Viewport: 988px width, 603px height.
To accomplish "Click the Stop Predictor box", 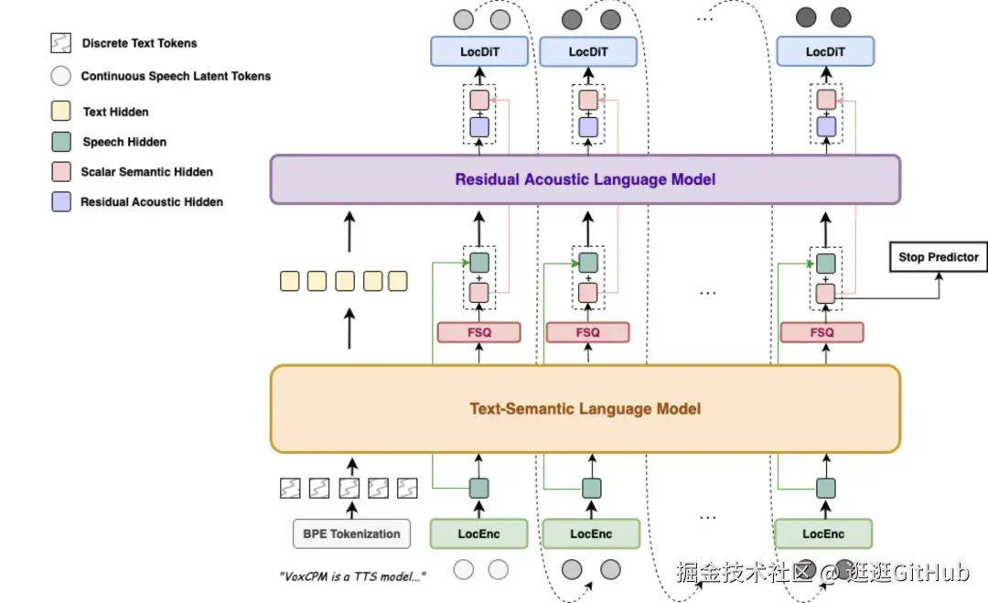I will click(x=939, y=257).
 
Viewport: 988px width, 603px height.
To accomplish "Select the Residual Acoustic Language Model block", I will click(x=585, y=179).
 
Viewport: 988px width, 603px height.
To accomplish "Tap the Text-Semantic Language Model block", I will click(x=585, y=409).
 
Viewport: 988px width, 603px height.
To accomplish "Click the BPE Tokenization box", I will click(x=351, y=533).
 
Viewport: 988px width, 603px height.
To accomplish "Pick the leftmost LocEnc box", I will click(x=478, y=533).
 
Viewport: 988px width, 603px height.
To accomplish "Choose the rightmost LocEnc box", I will click(x=823, y=533).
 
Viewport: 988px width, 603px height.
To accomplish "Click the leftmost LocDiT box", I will click(x=478, y=52).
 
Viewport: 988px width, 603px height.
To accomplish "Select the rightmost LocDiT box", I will click(x=824, y=52).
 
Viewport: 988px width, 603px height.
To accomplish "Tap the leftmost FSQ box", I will click(x=478, y=332).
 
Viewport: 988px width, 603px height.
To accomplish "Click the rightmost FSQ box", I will click(x=822, y=332).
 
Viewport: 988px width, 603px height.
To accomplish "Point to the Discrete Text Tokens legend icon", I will click(x=61, y=43).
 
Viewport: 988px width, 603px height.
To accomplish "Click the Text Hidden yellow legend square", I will click(x=61, y=112).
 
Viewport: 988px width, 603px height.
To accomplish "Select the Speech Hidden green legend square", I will click(x=61, y=142).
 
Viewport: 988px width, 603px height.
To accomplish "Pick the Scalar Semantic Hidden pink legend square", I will click(x=61, y=172).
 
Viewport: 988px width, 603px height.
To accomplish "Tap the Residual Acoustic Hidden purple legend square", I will click(x=61, y=202).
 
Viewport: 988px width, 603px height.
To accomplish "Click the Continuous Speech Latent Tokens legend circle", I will click(x=61, y=77).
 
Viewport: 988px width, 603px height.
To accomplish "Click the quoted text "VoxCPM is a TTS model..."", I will click(x=352, y=576).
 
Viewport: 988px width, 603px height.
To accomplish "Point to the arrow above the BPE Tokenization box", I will click(x=350, y=509).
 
